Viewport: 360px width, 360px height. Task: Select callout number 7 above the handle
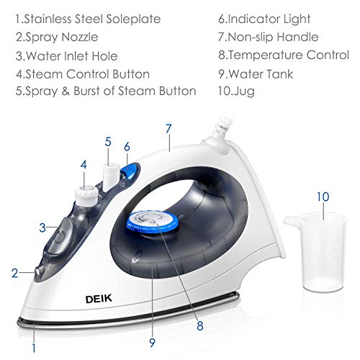coord(168,130)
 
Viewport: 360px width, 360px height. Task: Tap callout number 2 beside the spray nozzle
coord(14,273)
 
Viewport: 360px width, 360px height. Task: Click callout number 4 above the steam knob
coord(84,164)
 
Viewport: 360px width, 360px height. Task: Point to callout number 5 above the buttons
coord(108,142)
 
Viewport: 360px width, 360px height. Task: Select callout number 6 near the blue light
coord(127,146)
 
